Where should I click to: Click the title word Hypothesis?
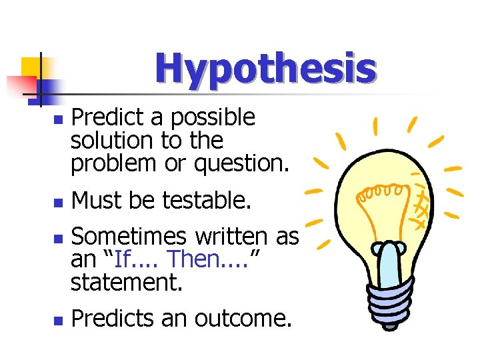click(265, 69)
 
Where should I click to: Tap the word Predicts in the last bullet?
click(113, 319)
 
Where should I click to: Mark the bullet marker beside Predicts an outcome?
click(59, 321)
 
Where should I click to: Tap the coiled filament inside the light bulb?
click(379, 193)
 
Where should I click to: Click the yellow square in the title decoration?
click(32, 67)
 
